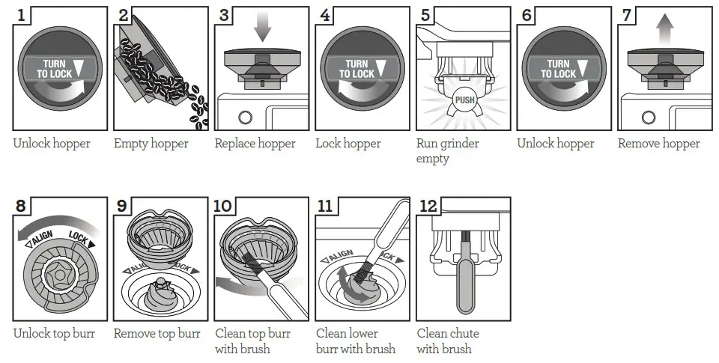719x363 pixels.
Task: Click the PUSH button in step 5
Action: [463, 99]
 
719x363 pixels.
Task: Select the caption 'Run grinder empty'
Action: [447, 150]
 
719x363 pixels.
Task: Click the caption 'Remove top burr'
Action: [157, 333]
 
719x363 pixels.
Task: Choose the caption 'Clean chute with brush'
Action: [447, 341]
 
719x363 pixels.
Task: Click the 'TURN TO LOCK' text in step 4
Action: [356, 70]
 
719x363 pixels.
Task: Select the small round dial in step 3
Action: [244, 118]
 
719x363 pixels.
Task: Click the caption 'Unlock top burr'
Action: [54, 333]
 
